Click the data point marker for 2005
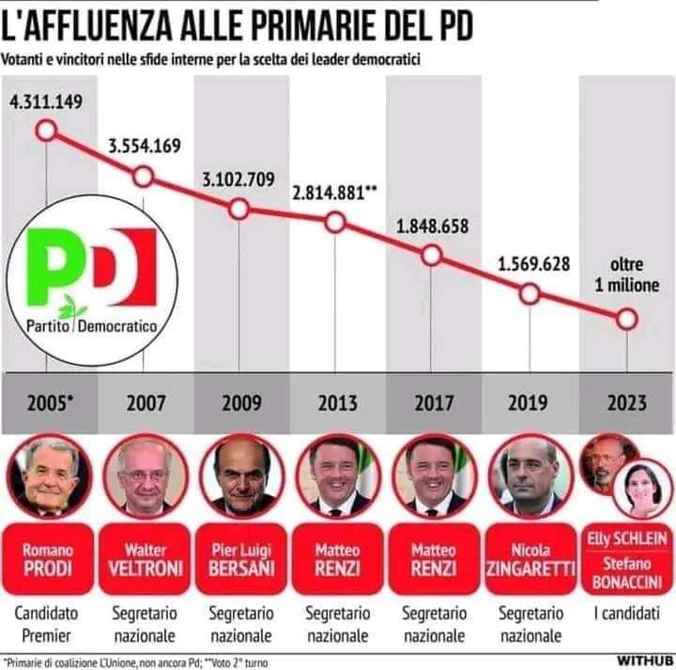point(46,129)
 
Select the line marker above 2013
point(335,223)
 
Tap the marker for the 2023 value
point(626,319)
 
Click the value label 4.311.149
point(46,101)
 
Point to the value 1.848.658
point(432,226)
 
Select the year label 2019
point(529,404)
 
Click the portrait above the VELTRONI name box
point(143,475)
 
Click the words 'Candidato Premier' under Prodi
point(47,624)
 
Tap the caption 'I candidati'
point(626,614)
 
